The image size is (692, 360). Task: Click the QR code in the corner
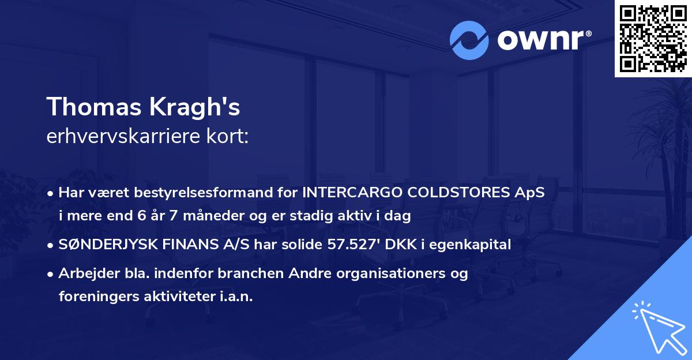653,38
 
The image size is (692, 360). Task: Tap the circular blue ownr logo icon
469,40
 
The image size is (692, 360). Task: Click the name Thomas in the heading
93,107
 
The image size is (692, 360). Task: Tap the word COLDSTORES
458,192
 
